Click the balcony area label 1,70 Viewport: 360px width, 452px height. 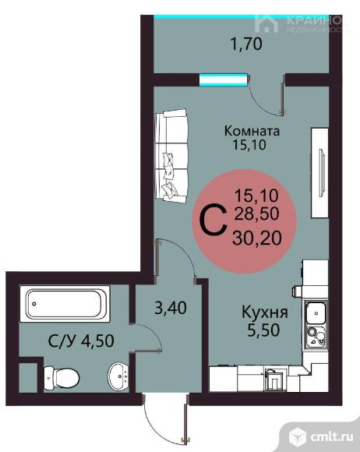click(x=247, y=44)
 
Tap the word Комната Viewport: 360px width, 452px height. click(x=252, y=131)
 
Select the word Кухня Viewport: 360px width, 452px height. click(x=265, y=313)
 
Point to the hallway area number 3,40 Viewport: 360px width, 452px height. click(x=171, y=308)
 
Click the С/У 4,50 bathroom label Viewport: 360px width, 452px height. click(x=81, y=341)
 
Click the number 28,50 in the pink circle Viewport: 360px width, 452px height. click(x=256, y=214)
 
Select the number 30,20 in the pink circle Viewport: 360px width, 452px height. click(x=257, y=238)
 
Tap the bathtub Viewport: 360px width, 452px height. click(x=65, y=304)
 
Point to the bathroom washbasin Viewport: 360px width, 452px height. click(x=118, y=375)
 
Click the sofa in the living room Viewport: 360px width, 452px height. click(x=171, y=156)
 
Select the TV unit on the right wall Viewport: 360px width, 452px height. click(x=319, y=173)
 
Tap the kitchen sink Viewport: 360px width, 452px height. click(x=316, y=313)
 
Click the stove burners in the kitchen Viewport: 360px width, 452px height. click(x=316, y=336)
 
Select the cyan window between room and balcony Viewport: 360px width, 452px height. click(x=224, y=79)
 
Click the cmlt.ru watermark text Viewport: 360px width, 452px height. click(x=332, y=436)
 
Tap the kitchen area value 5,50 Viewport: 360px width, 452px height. click(x=263, y=330)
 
